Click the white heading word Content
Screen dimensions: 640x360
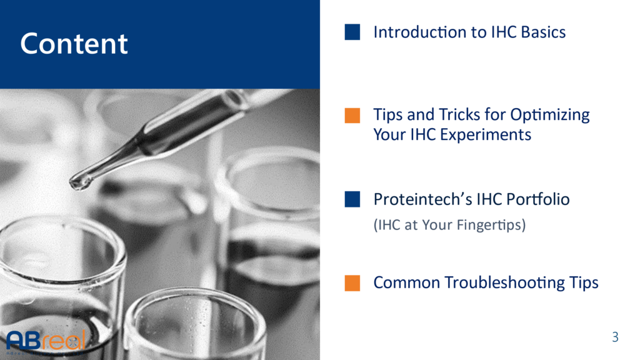(x=74, y=43)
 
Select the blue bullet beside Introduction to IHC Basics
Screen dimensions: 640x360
(x=352, y=32)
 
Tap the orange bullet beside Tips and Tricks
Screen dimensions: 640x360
(x=352, y=116)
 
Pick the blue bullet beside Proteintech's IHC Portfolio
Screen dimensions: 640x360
(x=352, y=199)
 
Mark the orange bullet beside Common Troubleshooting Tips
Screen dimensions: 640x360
(x=352, y=283)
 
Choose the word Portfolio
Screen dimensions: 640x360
(x=538, y=199)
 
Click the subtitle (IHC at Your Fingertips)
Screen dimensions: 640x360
(x=449, y=225)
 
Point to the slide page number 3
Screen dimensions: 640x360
(x=615, y=337)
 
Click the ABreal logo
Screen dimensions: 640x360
(x=46, y=341)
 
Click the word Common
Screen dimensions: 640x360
(x=406, y=283)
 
